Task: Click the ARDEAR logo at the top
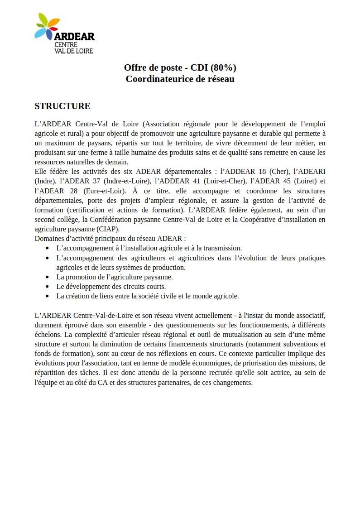64,34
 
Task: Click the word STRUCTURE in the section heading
62,106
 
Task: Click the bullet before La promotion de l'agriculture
48,277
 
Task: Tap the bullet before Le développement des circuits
48,287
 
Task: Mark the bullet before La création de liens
48,296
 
